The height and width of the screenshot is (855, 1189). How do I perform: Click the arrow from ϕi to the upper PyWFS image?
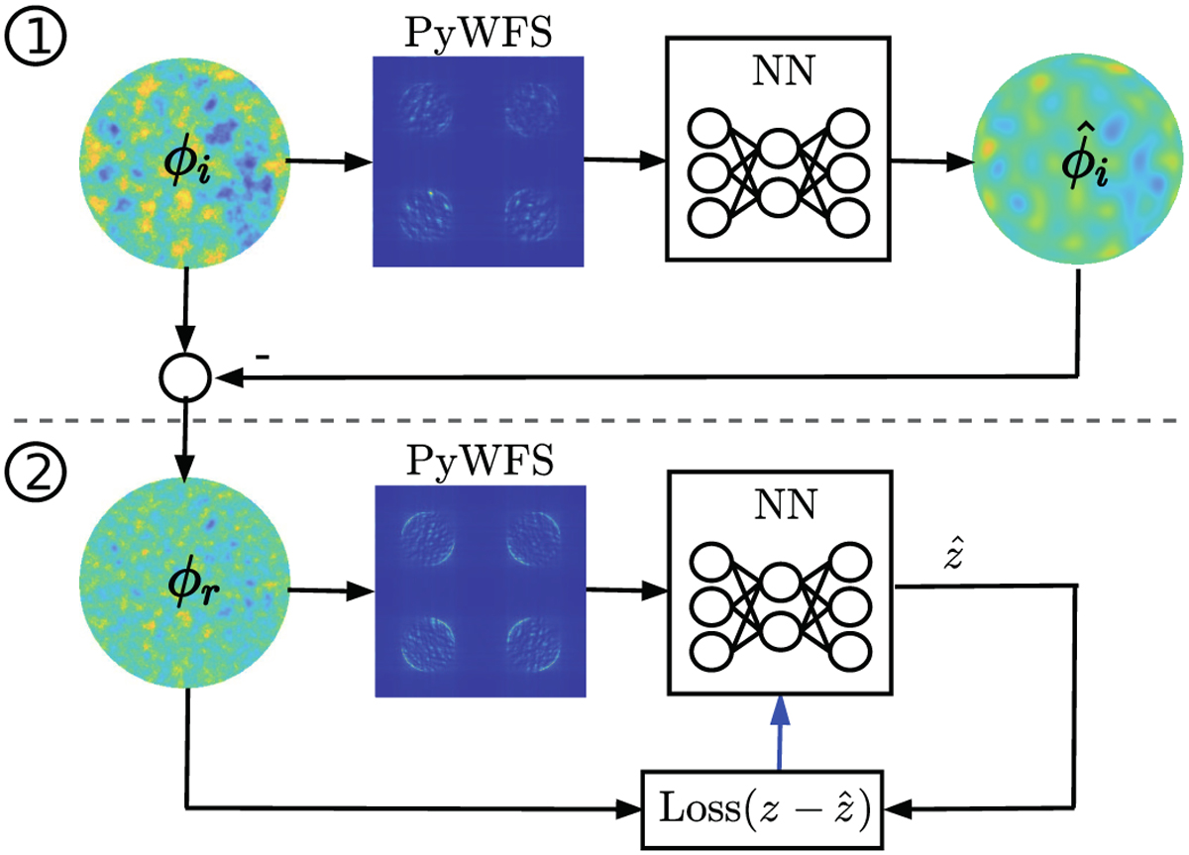[328, 160]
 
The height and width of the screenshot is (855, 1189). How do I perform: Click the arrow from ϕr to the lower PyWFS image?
[328, 592]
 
